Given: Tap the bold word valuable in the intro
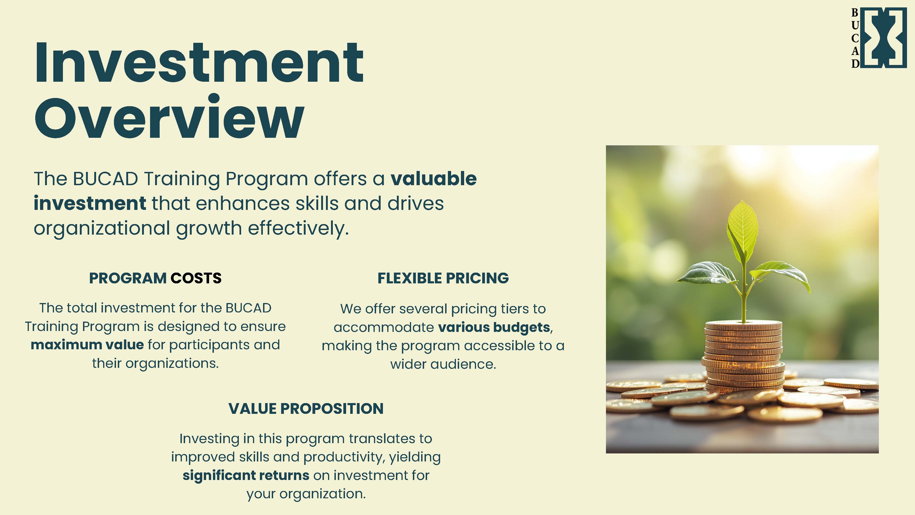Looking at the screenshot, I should pos(433,179).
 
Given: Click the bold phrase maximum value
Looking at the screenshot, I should pos(87,345).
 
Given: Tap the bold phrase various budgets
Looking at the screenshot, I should pos(494,327).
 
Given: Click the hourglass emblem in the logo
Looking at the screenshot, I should pos(884,37).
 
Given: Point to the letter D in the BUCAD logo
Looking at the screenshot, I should pos(855,64).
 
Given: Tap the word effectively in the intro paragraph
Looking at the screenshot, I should pos(298,228).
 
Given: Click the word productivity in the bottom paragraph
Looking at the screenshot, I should pos(346,457).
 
